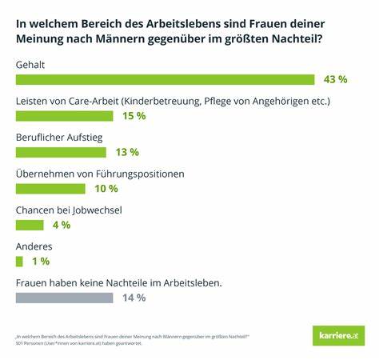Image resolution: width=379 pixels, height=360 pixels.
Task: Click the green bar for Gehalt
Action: tap(166, 79)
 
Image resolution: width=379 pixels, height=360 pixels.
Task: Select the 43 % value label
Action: tap(335, 79)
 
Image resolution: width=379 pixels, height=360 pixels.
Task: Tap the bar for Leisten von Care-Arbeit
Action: tap(67, 116)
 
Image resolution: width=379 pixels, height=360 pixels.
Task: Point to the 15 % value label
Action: tap(134, 116)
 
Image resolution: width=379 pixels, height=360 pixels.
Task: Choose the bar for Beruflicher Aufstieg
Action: tap(60, 152)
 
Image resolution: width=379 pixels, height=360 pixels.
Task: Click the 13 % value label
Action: tap(127, 152)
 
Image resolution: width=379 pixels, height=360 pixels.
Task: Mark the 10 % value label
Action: tap(106, 189)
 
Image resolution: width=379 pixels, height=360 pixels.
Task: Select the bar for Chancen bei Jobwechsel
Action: tap(30, 225)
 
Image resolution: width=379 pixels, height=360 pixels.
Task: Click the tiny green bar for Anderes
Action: tap(19, 262)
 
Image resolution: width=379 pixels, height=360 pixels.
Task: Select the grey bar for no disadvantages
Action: tap(64, 298)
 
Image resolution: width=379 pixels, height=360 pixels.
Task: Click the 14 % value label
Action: tap(134, 298)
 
